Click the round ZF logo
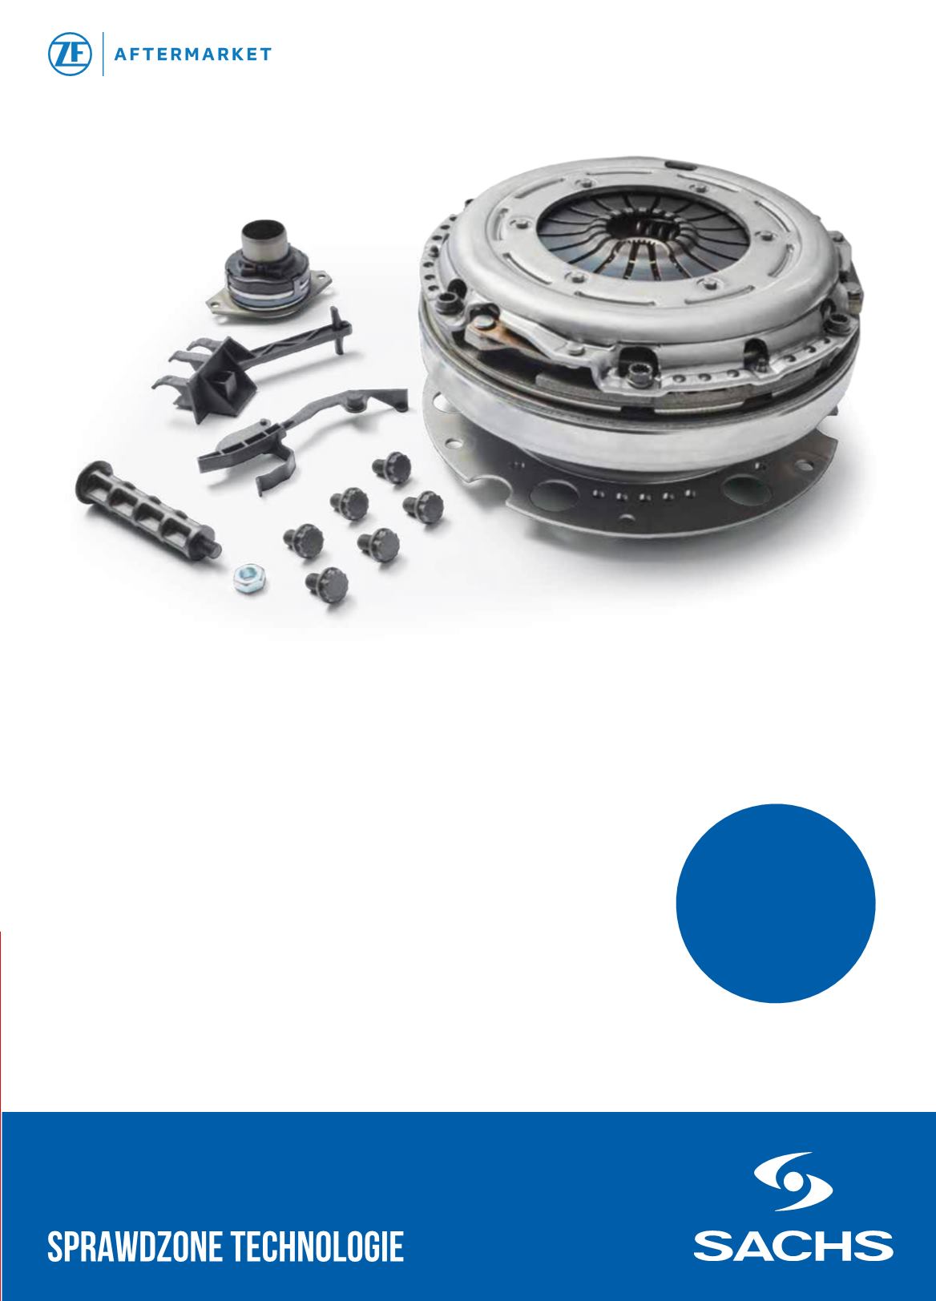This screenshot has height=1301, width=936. pyautogui.click(x=70, y=54)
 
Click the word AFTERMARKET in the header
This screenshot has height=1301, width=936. pyautogui.click(x=193, y=54)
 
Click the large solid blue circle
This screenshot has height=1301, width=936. pyautogui.click(x=776, y=903)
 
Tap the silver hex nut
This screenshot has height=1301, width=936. pyautogui.click(x=250, y=578)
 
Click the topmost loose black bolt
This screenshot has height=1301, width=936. pyautogui.click(x=392, y=466)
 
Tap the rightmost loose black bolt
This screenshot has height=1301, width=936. pyautogui.click(x=424, y=506)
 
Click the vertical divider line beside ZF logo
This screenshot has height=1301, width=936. pyautogui.click(x=103, y=54)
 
